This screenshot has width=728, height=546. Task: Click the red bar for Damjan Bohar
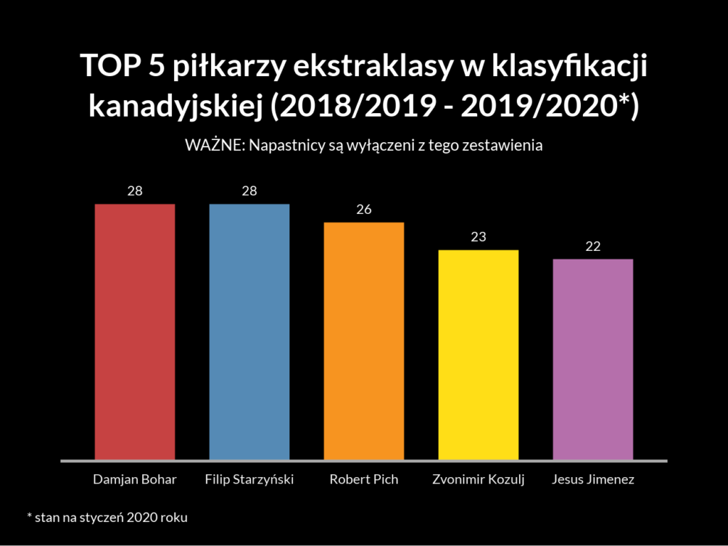[134, 332]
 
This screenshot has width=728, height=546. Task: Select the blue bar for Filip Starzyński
[249, 332]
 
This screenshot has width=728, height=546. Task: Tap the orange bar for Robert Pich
[364, 341]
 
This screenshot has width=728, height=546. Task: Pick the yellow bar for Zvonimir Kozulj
[478, 355]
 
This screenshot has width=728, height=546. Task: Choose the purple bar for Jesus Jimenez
[593, 359]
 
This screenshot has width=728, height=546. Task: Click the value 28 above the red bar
[134, 191]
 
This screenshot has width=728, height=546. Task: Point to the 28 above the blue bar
[249, 191]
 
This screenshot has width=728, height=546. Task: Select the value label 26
[364, 210]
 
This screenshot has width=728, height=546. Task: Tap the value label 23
[478, 237]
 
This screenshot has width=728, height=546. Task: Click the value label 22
[593, 246]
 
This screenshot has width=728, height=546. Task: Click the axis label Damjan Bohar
[134, 479]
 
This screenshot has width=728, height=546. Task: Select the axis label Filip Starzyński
[249, 480]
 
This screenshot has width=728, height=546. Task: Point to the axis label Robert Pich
[364, 479]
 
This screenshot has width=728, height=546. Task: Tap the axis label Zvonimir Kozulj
[478, 480]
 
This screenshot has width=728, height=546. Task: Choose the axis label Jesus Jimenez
[593, 479]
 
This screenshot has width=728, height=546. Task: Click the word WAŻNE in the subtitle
[207, 145]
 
